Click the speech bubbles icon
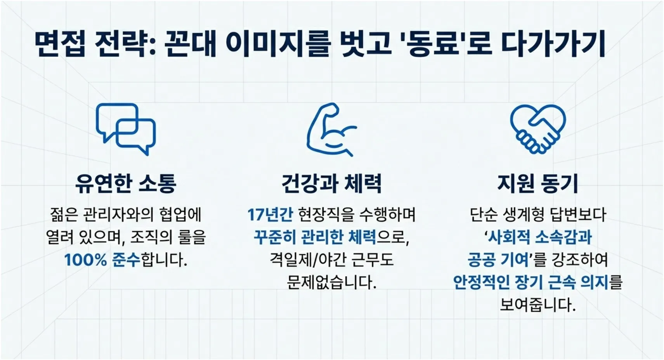pyautogui.click(x=126, y=129)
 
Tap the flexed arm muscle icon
pyautogui.click(x=331, y=130)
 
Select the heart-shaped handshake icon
pyautogui.click(x=537, y=128)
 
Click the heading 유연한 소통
pyautogui.click(x=126, y=183)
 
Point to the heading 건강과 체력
pyautogui.click(x=331, y=183)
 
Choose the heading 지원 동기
pyautogui.click(x=537, y=183)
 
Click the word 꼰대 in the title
pyautogui.click(x=190, y=43)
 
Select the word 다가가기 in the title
pyautogui.click(x=553, y=43)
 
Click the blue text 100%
pyautogui.click(x=85, y=260)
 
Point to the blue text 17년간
pyautogui.click(x=270, y=215)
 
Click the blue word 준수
pyautogui.click(x=126, y=260)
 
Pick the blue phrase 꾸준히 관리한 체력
pyautogui.click(x=315, y=237)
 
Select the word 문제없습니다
pyautogui.click(x=331, y=282)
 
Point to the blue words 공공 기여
pyautogui.click(x=498, y=260)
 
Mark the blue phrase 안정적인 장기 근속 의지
pyautogui.click(x=531, y=282)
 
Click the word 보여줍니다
pyautogui.click(x=537, y=305)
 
